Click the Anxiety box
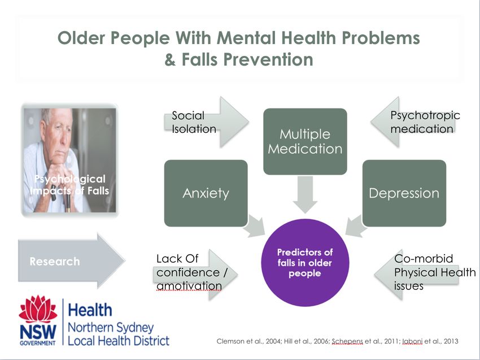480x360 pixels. coord(206,193)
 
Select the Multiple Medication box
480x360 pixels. coord(305,141)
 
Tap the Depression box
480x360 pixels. coord(404,193)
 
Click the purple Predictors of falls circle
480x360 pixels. coord(305,263)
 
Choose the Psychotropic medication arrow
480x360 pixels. coord(413,122)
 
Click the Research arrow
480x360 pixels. coord(72,261)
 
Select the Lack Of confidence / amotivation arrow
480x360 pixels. coord(195,275)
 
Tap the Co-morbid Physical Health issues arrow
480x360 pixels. coord(416,275)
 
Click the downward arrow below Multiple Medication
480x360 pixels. coord(305,194)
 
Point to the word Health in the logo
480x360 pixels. coord(90,310)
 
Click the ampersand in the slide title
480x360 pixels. coord(170,60)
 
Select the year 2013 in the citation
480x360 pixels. coord(451,341)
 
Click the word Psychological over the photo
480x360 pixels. coord(70,179)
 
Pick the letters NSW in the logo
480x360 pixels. coord(38,332)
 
